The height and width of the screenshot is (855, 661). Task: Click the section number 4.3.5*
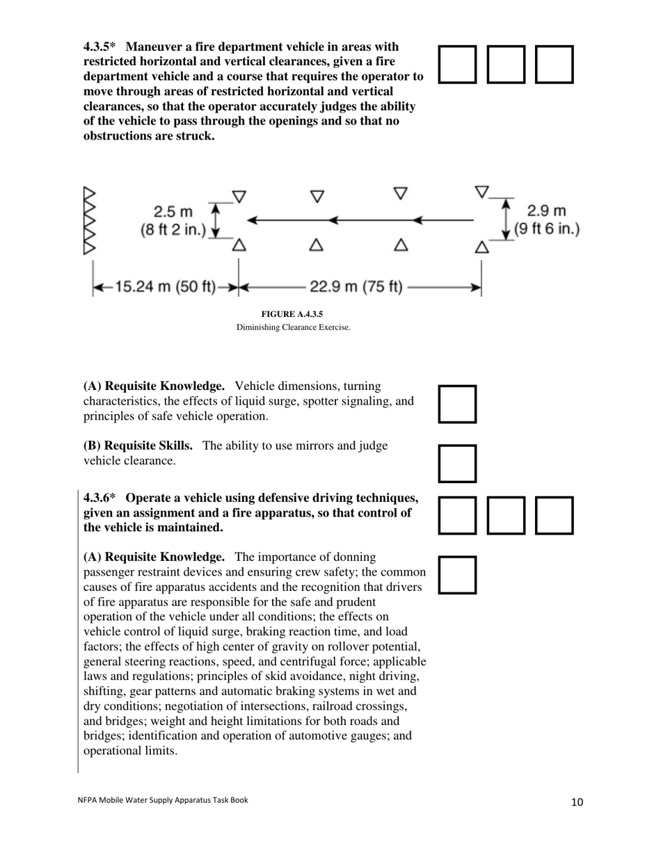(x=99, y=47)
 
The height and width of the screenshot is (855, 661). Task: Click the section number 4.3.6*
(x=99, y=498)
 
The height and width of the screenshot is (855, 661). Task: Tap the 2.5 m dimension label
(x=174, y=211)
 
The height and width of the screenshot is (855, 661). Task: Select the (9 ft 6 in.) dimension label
(x=547, y=229)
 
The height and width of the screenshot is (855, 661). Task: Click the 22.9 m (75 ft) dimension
(x=356, y=286)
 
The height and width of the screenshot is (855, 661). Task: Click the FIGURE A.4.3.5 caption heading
(x=292, y=314)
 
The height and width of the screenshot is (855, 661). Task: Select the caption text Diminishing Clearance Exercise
(x=293, y=327)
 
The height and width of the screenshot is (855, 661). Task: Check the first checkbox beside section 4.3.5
(x=457, y=65)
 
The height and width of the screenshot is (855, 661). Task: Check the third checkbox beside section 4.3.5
(x=554, y=65)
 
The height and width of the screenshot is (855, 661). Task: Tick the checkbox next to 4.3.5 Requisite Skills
(x=457, y=464)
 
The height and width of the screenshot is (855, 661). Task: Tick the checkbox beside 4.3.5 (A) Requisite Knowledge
(x=457, y=404)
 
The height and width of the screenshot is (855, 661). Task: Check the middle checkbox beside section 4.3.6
(x=506, y=515)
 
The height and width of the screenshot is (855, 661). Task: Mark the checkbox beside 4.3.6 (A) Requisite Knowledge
(x=457, y=575)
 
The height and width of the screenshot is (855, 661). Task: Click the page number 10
(x=577, y=802)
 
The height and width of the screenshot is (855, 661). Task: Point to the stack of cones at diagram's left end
(x=89, y=221)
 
